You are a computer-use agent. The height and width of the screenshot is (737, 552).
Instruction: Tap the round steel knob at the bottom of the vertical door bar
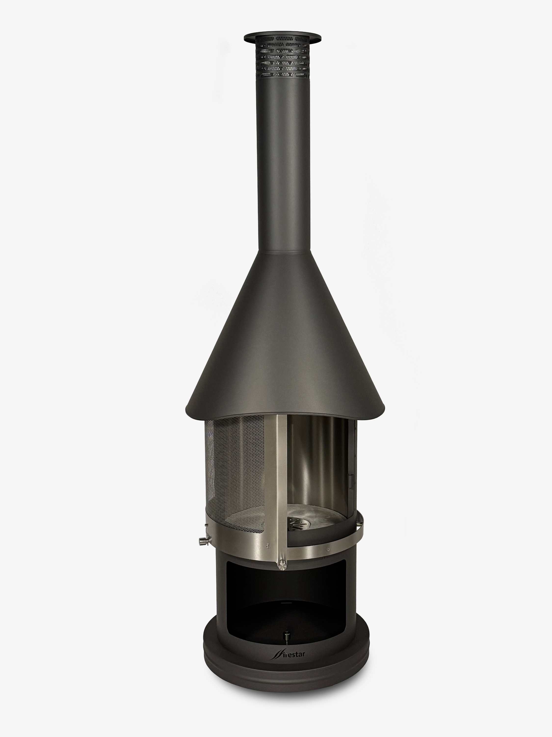[282, 564]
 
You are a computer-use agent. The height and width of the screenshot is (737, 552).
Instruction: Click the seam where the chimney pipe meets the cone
[283, 252]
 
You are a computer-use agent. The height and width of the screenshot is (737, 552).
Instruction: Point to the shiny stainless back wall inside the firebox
[313, 467]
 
